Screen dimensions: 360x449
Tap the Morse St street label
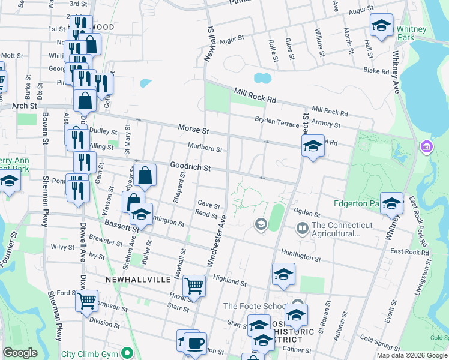[x=193, y=129]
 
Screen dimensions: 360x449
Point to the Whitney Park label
[x=412, y=33]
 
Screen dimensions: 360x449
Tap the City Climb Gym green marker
[x=127, y=353]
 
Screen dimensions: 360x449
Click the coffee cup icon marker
[x=195, y=344]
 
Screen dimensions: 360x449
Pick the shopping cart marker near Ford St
[x=87, y=299]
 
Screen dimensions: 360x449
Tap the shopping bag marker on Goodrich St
[x=145, y=176]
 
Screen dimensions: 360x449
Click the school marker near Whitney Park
[x=381, y=25]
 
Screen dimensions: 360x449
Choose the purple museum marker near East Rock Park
[x=427, y=146]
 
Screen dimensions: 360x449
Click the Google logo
[x=20, y=353]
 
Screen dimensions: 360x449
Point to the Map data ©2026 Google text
[x=412, y=355]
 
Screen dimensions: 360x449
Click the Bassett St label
[x=121, y=226]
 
